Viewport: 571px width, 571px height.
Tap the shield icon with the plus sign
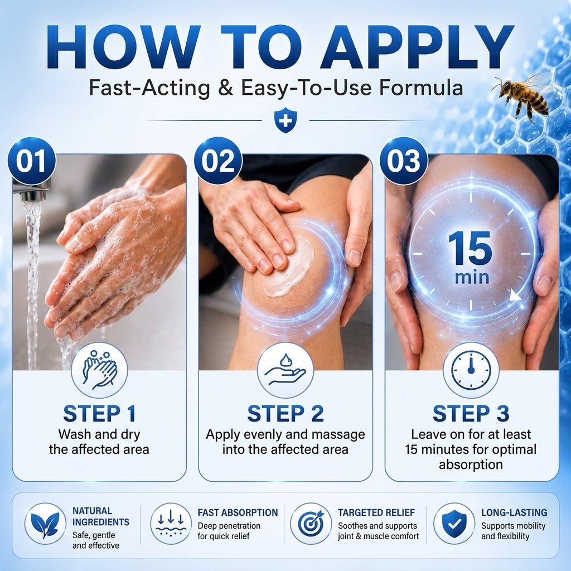(285, 120)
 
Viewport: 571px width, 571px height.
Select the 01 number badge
(31, 161)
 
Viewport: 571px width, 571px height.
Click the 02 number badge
(218, 161)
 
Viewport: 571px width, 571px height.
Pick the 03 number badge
(404, 161)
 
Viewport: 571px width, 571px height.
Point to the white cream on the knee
(289, 266)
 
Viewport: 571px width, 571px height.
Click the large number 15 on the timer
(470, 248)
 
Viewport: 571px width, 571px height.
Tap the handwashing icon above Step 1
(99, 370)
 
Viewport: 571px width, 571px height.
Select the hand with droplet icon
(285, 370)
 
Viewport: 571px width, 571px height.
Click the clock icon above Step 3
(471, 370)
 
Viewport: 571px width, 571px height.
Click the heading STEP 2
(285, 413)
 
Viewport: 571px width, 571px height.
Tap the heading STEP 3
(471, 413)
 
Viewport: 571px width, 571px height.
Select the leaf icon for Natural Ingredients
(45, 524)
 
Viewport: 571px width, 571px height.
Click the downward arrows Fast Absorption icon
(171, 524)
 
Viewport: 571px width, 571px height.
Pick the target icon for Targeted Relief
(311, 524)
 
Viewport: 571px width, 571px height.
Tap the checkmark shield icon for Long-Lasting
(454, 524)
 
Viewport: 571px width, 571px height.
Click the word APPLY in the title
(417, 47)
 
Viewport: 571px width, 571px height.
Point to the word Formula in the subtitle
(421, 88)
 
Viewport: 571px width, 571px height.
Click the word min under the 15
(472, 278)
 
